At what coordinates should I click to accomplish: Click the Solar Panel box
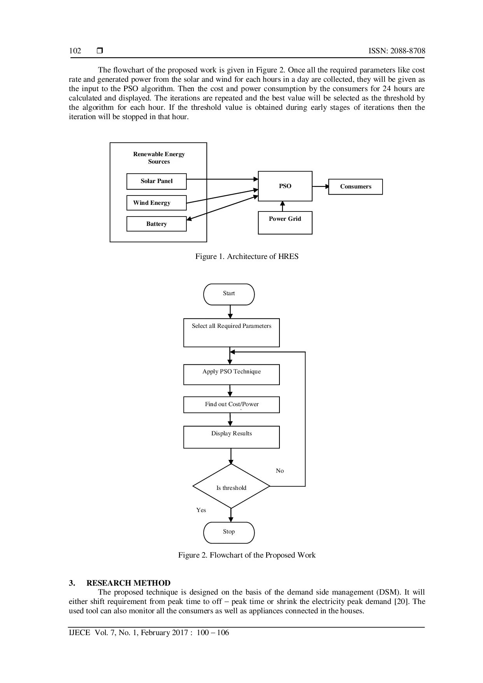[156, 181]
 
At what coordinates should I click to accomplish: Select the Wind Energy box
[156, 203]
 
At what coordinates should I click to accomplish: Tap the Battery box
[156, 224]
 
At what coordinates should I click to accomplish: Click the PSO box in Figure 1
[285, 186]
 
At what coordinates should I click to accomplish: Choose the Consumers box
[355, 187]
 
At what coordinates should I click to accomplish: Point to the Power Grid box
[285, 223]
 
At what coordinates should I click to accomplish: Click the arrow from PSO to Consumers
[321, 187]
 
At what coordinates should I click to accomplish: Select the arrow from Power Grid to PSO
[283, 206]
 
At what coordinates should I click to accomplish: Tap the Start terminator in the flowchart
[229, 294]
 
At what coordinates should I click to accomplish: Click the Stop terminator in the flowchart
[229, 533]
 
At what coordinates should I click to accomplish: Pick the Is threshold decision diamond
[231, 486]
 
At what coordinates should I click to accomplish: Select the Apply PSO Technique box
[232, 375]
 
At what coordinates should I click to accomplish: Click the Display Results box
[232, 437]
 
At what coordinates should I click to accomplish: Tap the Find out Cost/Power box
[232, 405]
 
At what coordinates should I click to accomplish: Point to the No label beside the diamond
[280, 471]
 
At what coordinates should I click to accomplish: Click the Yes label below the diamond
[201, 510]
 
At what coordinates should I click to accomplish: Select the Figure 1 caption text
[247, 256]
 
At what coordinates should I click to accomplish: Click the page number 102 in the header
[75, 51]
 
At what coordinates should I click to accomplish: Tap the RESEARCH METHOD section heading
[128, 583]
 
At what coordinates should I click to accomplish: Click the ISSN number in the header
[397, 51]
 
